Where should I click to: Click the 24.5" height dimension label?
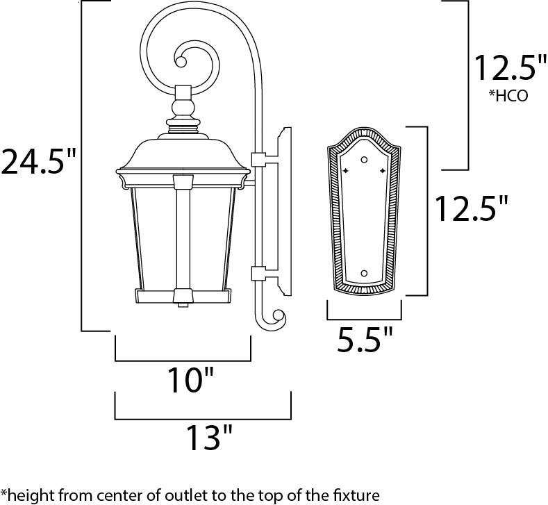(38, 161)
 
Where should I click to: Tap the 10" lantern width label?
(190, 380)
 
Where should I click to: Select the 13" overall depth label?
(209, 437)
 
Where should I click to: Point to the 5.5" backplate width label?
(365, 339)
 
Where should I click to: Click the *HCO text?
(508, 96)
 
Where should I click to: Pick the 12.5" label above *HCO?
(510, 68)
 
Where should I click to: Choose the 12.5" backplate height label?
(472, 208)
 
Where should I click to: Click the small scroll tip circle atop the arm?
(181, 63)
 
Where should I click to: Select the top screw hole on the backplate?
(365, 160)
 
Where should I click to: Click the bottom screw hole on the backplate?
(364, 273)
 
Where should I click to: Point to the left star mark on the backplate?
(346, 171)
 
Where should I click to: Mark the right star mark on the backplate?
(383, 171)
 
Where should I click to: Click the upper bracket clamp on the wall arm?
(258, 160)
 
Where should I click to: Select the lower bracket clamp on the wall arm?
(258, 274)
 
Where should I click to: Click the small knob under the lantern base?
(183, 305)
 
